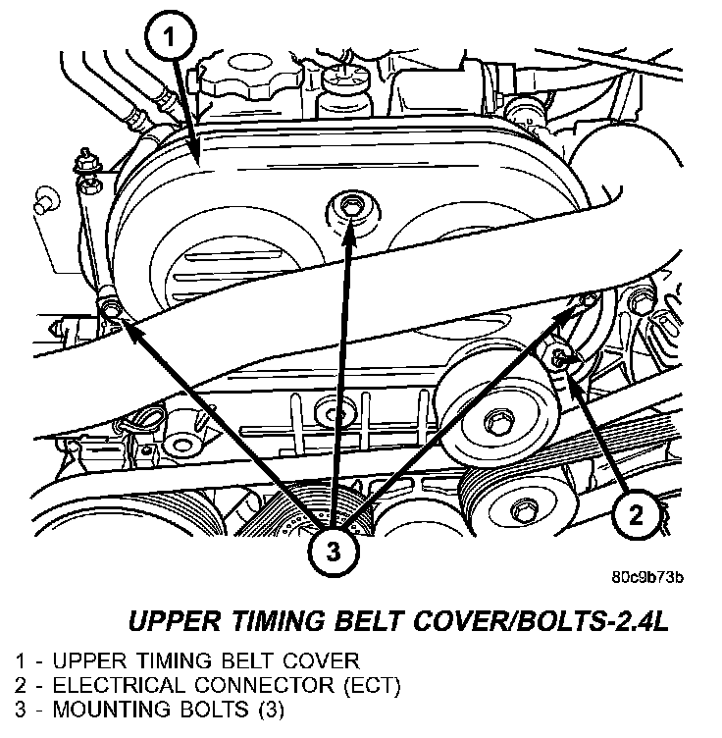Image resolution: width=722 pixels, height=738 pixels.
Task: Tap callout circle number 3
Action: coord(335,552)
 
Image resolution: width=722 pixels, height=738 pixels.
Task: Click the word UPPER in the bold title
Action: coord(174,620)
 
